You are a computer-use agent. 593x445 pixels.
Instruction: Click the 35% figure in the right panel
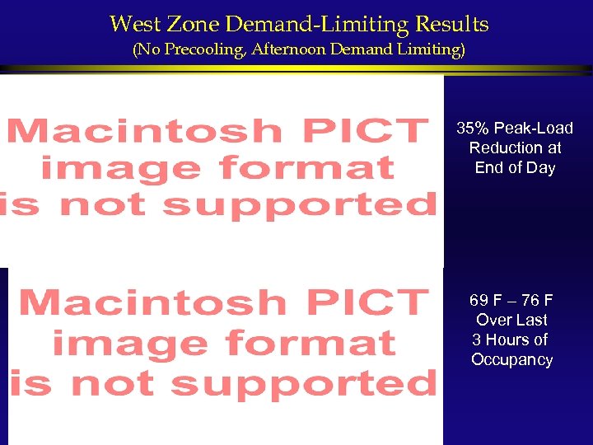pyautogui.click(x=474, y=129)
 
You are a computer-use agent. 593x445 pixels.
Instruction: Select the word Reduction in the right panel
pyautogui.click(x=504, y=148)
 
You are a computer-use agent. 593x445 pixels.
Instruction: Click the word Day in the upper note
pyautogui.click(x=542, y=168)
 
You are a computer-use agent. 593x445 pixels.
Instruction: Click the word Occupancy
pyautogui.click(x=511, y=360)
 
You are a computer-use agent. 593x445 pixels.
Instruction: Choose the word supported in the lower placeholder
pyautogui.click(x=306, y=382)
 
